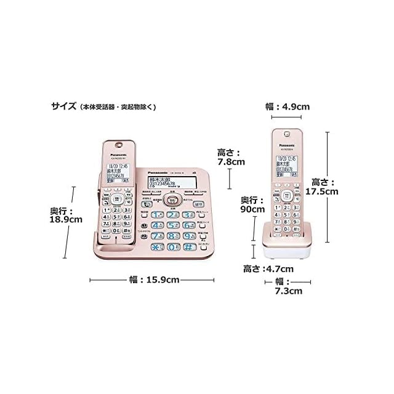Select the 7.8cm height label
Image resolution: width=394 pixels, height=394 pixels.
coord(231,156)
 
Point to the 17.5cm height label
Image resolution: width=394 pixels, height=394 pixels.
coord(324,187)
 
